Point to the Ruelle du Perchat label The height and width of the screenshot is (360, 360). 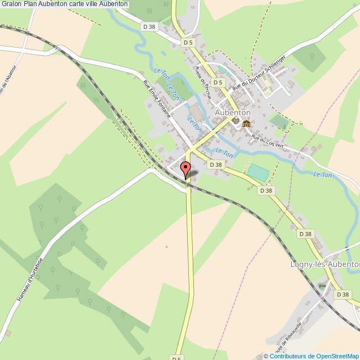202,83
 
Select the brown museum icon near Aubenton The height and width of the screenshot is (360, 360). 246,123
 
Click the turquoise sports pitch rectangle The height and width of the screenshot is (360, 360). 258,172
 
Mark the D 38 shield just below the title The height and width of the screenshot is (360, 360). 148,26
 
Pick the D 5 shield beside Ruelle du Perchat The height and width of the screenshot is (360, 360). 218,83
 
